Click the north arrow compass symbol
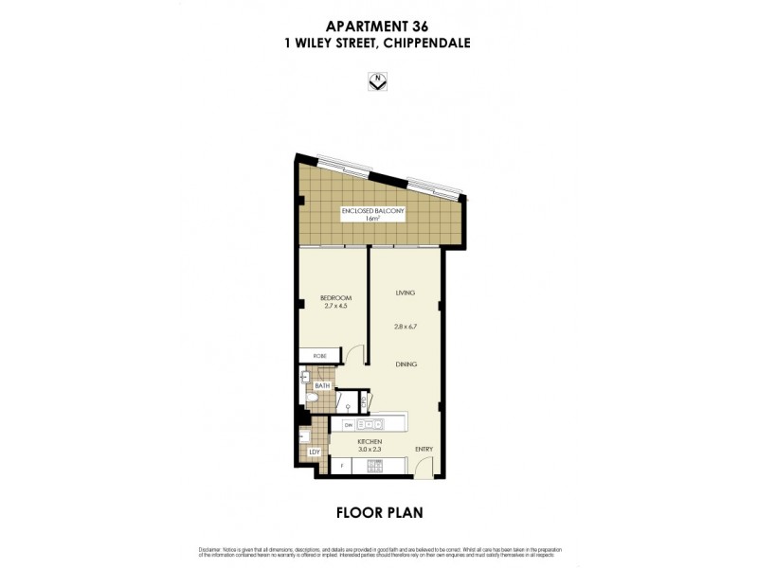[x=378, y=83]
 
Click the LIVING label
[x=406, y=293]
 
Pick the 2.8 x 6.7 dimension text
[x=406, y=326]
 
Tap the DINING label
[x=406, y=364]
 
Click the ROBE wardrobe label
[x=319, y=356]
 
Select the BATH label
[x=322, y=386]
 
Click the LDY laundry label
[x=315, y=453]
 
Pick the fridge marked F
[x=340, y=466]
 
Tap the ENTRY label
[x=423, y=451]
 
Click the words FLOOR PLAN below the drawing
[x=379, y=513]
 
